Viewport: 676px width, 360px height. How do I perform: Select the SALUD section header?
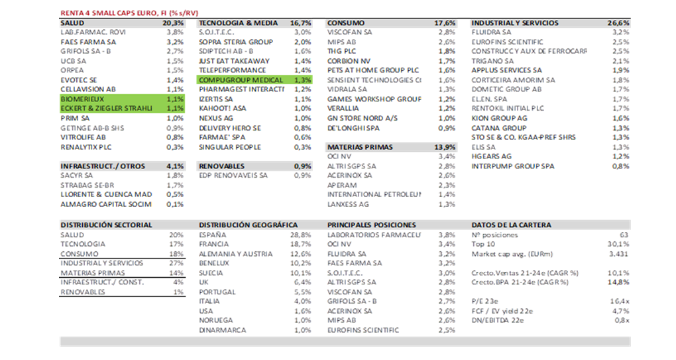[72, 23]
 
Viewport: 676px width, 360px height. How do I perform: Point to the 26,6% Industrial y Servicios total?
[618, 23]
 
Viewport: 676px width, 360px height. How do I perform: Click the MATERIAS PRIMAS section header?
[359, 147]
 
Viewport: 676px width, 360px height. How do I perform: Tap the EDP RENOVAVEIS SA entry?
[233, 176]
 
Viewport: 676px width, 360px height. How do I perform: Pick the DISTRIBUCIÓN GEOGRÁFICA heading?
[248, 225]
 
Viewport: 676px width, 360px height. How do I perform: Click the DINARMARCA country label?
[223, 330]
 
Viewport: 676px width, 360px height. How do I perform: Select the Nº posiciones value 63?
[623, 235]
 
